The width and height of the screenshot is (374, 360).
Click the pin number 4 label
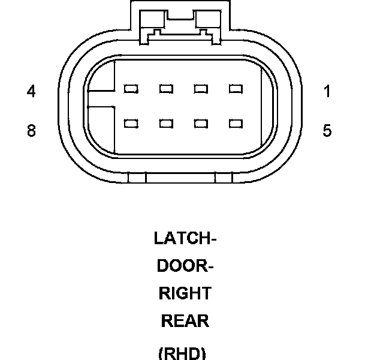coord(31,92)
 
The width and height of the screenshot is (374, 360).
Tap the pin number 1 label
coord(327,92)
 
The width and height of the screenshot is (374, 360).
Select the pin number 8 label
coord(31,131)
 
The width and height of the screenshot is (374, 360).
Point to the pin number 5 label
coord(327,131)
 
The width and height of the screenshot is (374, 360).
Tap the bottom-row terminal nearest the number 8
coord(131,124)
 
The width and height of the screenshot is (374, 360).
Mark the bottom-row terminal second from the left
coord(166,124)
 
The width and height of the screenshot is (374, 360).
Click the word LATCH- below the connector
coord(185,238)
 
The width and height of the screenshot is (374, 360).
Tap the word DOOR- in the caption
coord(185,266)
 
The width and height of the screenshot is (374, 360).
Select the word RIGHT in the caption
coord(185,293)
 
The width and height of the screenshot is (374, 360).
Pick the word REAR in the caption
coord(185,321)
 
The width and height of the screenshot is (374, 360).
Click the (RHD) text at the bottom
coord(182,353)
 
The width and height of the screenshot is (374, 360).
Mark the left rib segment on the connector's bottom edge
coord(138,178)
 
